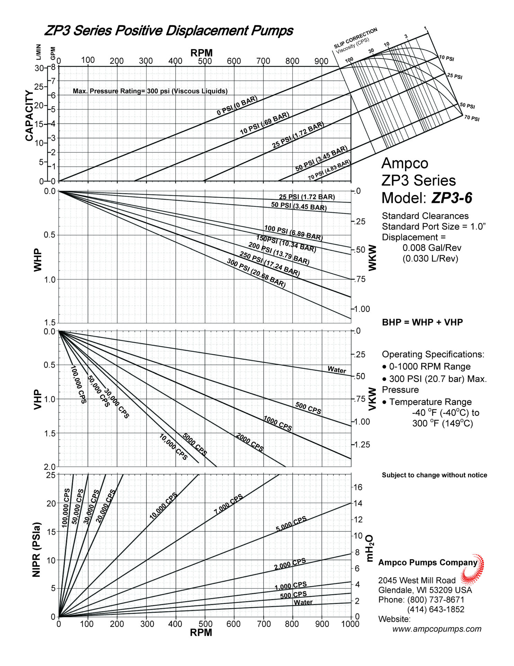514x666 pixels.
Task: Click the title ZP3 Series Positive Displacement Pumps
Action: pyautogui.click(x=169, y=31)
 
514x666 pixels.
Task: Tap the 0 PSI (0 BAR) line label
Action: pyautogui.click(x=237, y=106)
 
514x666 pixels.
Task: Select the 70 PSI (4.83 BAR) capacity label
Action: pyautogui.click(x=329, y=170)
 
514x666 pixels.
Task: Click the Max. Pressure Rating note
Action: pyautogui.click(x=150, y=91)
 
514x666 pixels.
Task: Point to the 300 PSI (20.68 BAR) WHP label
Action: pyautogui.click(x=256, y=273)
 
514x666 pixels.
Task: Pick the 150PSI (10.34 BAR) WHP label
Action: pyautogui.click(x=286, y=244)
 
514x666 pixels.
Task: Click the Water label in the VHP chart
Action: pyautogui.click(x=337, y=369)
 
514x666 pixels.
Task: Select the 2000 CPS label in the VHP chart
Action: pyautogui.click(x=249, y=442)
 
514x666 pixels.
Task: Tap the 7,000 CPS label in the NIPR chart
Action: pyautogui.click(x=228, y=504)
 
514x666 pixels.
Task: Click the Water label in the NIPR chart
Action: pyautogui.click(x=303, y=602)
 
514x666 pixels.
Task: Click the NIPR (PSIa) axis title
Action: pyautogui.click(x=37, y=549)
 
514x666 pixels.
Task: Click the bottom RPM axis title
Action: pyautogui.click(x=201, y=632)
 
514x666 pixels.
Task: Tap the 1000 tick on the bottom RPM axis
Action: pyautogui.click(x=350, y=624)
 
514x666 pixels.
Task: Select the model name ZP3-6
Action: pyautogui.click(x=452, y=198)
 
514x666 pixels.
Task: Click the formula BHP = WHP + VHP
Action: pyautogui.click(x=422, y=322)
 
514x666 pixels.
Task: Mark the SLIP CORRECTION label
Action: pyautogui.click(x=355, y=38)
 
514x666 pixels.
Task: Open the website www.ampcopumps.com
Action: pyautogui.click(x=437, y=629)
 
